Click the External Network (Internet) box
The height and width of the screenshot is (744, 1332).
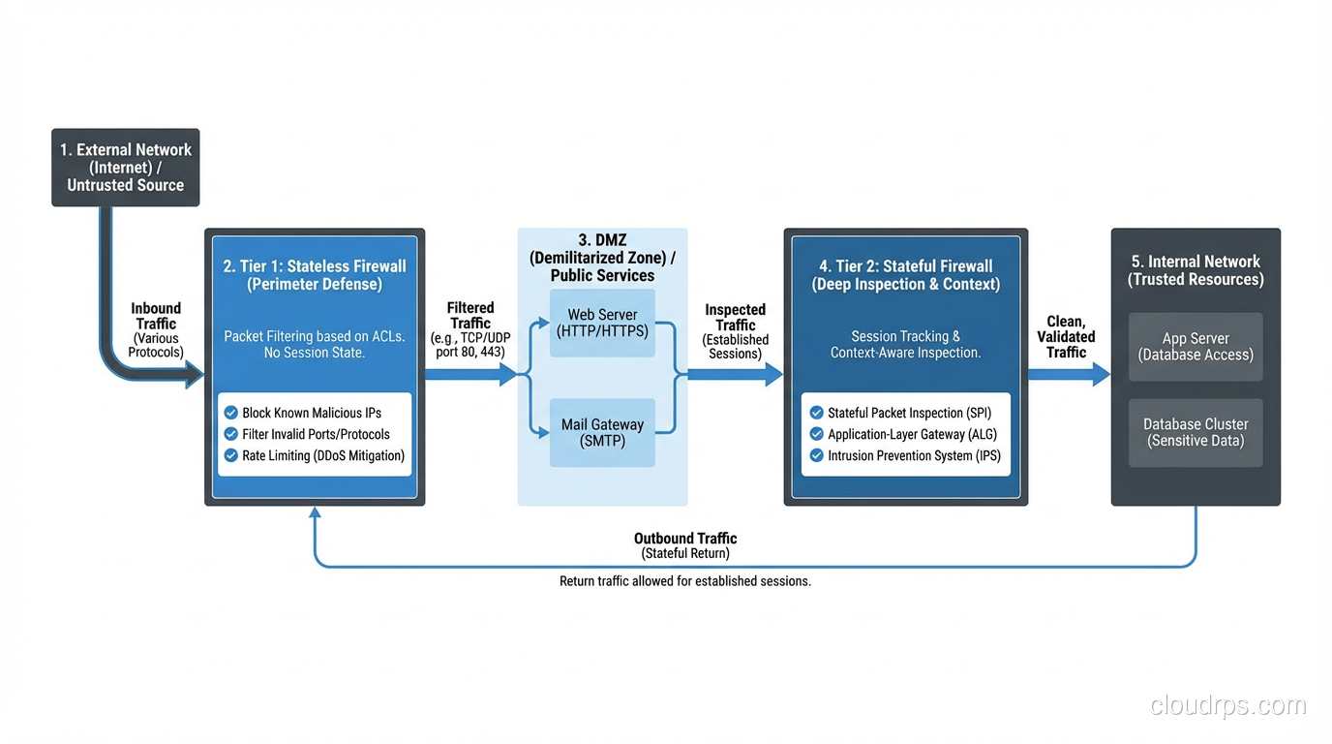[126, 168]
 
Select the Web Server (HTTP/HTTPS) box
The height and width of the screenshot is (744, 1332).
[602, 323]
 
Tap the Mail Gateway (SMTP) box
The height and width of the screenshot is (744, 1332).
[602, 433]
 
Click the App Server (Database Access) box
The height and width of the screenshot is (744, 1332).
[1196, 347]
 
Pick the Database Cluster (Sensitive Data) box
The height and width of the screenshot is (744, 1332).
[1196, 432]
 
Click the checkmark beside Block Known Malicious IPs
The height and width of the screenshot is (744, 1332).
[231, 413]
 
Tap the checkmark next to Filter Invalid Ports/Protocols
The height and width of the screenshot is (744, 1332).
[231, 434]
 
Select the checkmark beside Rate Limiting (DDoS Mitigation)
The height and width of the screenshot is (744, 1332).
[231, 455]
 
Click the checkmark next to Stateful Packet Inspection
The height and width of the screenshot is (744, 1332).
[817, 413]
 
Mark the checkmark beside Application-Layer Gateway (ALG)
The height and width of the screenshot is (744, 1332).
[817, 434]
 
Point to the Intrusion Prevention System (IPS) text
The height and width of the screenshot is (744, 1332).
[914, 455]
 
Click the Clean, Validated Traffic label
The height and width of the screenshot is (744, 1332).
[1066, 337]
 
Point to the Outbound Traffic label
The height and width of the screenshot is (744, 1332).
[685, 539]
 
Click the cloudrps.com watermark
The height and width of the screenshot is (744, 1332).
[1228, 705]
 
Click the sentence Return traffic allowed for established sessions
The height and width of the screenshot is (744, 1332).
[685, 581]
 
